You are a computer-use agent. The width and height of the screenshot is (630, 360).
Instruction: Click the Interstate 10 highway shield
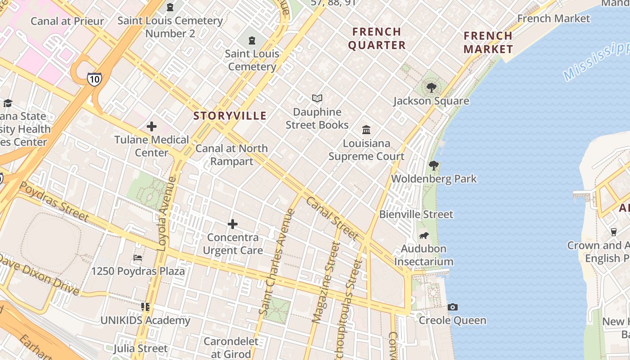94,79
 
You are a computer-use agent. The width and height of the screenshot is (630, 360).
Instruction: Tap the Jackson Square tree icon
432,87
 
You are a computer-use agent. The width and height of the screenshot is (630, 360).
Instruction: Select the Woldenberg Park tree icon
434,166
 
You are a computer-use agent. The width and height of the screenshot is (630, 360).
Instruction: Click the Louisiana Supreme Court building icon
366,130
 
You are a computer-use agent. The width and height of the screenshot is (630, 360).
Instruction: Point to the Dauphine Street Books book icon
317,98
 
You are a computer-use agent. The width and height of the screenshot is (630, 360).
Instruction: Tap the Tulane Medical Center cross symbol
152,126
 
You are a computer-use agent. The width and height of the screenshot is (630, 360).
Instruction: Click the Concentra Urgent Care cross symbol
233,224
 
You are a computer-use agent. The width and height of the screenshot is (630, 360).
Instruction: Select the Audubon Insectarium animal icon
423,235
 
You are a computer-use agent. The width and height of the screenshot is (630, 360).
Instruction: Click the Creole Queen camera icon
453,307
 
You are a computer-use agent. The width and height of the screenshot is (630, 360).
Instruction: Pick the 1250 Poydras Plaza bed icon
138,258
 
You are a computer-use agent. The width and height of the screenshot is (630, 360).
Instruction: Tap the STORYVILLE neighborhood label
230,116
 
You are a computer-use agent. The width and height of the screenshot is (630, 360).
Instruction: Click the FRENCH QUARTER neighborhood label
377,38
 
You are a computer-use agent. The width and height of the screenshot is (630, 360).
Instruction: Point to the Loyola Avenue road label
166,213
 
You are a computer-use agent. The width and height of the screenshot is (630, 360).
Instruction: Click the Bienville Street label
416,214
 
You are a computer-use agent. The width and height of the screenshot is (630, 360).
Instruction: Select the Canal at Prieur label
67,21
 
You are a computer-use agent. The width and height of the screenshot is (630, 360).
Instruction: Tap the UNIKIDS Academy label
145,321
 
